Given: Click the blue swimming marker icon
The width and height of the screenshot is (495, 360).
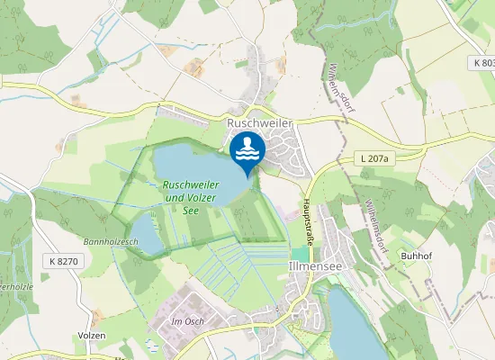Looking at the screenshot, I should tap(247, 150).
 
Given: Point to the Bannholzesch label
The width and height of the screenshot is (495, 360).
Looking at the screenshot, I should tap(111, 242).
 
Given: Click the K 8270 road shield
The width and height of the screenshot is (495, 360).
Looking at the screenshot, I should tap(61, 261).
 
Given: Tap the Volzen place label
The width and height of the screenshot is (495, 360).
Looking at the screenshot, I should tap(92, 335).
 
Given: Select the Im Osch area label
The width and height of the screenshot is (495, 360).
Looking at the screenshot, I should tap(190, 320).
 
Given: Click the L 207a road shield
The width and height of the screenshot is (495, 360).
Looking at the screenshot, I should tap(374, 158).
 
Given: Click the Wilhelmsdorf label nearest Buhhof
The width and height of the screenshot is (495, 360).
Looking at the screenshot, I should tap(375, 216).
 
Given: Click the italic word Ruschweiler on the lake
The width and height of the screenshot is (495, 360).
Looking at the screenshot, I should tap(192, 184).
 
